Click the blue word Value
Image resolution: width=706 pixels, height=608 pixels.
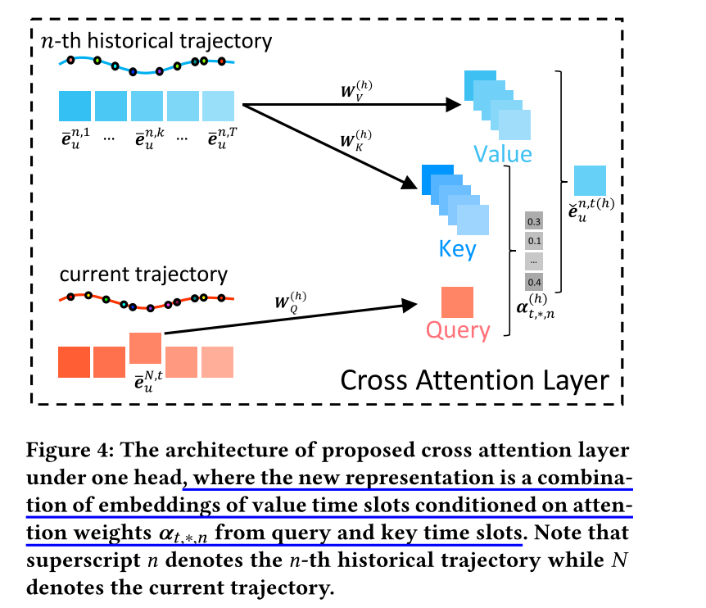(x=500, y=154)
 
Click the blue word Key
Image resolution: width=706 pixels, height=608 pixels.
(x=458, y=249)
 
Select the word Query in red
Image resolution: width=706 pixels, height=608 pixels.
(x=458, y=331)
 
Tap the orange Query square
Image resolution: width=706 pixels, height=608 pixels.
(x=457, y=302)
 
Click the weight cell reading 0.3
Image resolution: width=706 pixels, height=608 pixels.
(x=534, y=222)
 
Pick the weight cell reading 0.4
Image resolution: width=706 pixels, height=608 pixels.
(x=534, y=281)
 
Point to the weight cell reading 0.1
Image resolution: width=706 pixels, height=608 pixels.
(x=534, y=242)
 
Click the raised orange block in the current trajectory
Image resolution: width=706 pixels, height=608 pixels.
(x=145, y=347)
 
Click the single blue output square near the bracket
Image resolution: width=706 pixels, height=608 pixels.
(x=590, y=181)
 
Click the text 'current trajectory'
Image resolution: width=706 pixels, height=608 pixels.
(x=143, y=274)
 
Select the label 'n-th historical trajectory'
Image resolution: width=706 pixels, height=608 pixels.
(x=156, y=39)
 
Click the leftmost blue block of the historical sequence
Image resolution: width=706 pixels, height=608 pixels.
(x=75, y=106)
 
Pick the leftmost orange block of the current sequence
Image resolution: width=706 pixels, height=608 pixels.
(x=74, y=362)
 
